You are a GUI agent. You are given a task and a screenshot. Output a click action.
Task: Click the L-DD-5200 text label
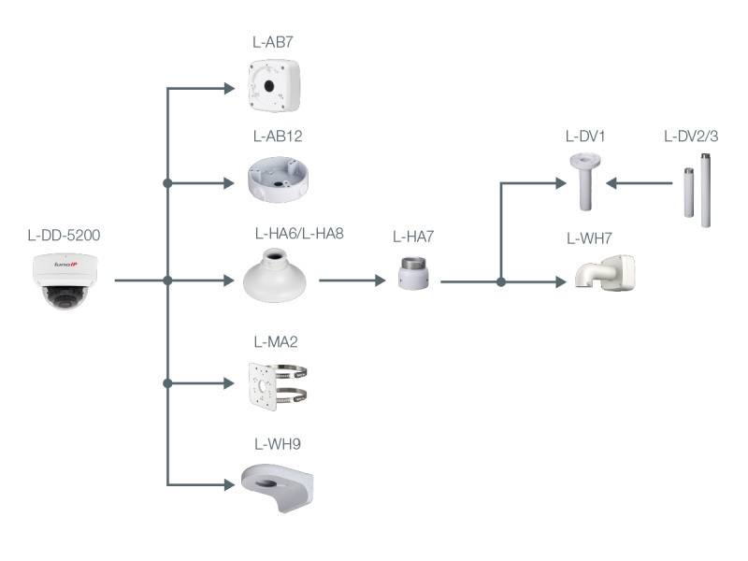[64, 235]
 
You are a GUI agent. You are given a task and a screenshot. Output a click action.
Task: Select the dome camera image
[64, 279]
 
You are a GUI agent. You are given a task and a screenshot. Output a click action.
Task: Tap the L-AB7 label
[273, 42]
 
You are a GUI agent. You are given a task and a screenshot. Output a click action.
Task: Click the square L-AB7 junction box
[273, 83]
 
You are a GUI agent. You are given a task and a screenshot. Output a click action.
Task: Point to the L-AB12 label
[277, 137]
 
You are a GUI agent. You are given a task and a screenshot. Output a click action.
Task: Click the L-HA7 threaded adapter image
[412, 272]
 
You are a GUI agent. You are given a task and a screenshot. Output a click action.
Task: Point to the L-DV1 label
[586, 137]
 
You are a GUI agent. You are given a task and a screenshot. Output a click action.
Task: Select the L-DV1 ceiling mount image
[586, 183]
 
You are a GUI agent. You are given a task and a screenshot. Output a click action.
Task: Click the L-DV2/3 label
[691, 137]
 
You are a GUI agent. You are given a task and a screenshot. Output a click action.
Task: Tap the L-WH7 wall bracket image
[605, 273]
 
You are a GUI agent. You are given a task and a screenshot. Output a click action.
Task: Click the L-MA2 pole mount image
[275, 383]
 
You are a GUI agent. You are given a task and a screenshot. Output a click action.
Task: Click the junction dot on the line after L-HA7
[502, 280]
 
